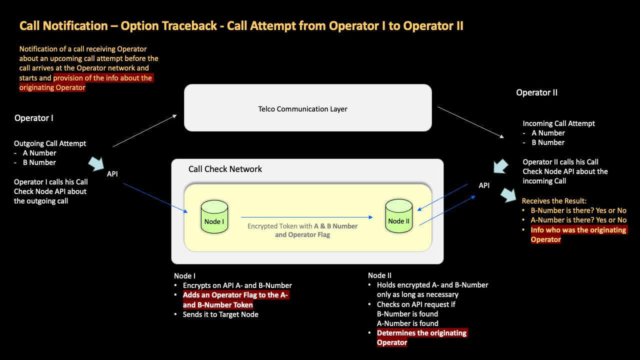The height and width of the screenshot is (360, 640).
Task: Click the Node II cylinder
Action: (x=398, y=216)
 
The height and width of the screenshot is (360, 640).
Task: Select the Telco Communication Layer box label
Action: (x=302, y=109)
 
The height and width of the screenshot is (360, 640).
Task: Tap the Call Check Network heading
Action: (x=225, y=169)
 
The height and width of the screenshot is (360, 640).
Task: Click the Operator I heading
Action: (x=33, y=118)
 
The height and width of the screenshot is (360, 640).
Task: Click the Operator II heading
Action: (x=536, y=92)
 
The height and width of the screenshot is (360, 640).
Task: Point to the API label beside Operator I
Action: (x=113, y=174)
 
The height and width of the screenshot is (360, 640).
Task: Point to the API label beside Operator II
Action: (x=484, y=185)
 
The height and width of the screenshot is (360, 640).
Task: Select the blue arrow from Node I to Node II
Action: (x=306, y=217)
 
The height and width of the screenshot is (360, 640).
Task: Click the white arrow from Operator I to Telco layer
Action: (x=145, y=131)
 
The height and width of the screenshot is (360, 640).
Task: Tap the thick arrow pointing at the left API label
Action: (x=96, y=164)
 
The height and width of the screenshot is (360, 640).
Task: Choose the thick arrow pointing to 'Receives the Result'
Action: (x=510, y=195)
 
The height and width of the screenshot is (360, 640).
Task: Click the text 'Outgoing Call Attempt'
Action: (x=50, y=143)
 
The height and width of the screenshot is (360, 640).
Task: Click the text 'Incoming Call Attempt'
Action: (x=558, y=123)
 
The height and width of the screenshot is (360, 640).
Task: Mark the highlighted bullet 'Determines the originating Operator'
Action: (x=421, y=337)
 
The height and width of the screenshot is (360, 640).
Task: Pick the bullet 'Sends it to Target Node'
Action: (x=220, y=314)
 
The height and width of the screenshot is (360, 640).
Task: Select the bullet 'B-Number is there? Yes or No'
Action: (x=578, y=210)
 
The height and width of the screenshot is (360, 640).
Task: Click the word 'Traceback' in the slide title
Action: (x=189, y=26)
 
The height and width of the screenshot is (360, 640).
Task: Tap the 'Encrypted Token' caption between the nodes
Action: (x=302, y=230)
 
